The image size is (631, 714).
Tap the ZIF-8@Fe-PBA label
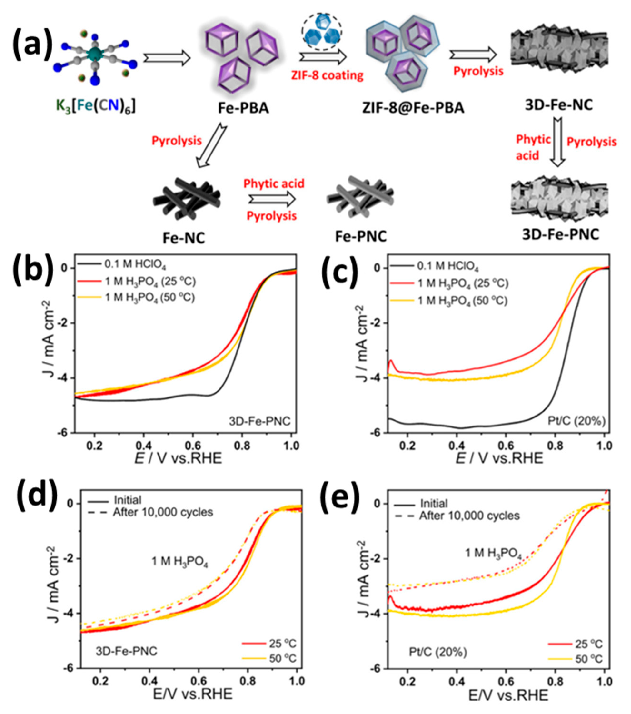tap(413, 108)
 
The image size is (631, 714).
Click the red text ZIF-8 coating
tap(327, 75)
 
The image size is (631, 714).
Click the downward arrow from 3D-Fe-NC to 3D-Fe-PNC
tap(558, 141)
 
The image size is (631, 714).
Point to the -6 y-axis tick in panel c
tap(377, 433)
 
